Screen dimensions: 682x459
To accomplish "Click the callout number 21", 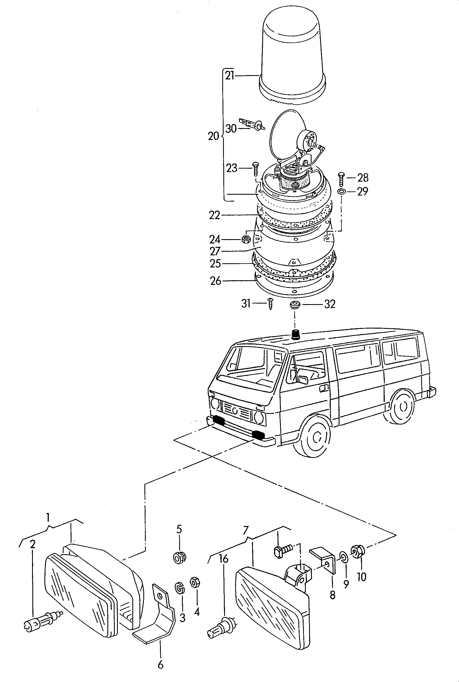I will (230, 76).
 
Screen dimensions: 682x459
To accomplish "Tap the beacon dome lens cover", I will (292, 56).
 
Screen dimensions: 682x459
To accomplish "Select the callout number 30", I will (231, 128).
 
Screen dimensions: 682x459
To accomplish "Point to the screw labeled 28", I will (342, 179).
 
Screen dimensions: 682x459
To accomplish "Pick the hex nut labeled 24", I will (246, 239).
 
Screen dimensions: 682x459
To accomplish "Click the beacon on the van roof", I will (295, 334).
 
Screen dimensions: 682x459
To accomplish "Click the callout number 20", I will (213, 136).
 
